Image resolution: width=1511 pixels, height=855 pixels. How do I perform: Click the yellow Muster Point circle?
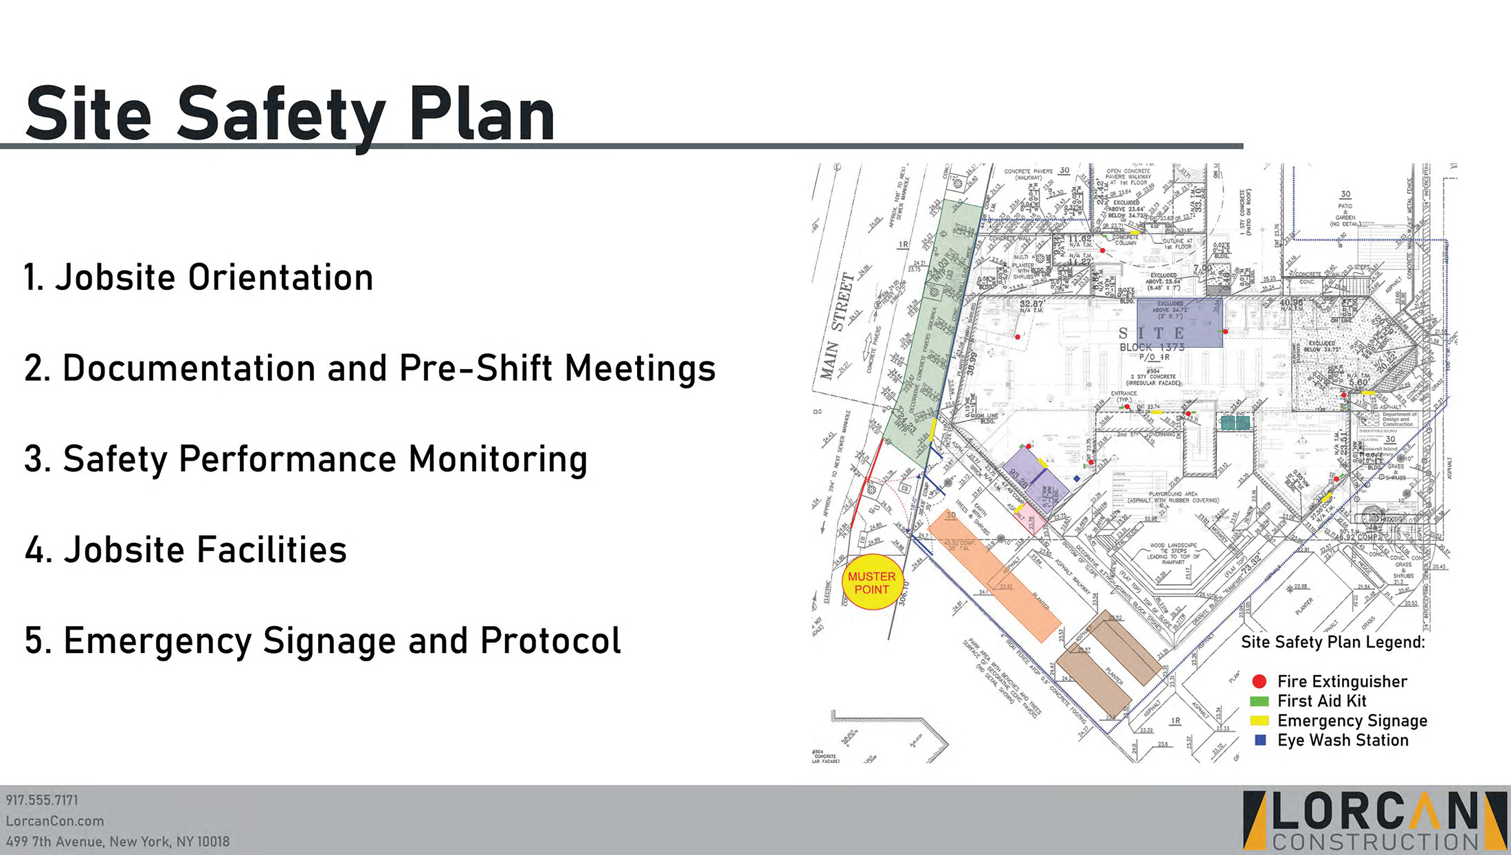(871, 583)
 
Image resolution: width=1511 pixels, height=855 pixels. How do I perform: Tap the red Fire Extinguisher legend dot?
(1259, 681)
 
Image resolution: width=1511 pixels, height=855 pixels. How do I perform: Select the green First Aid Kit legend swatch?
(1259, 701)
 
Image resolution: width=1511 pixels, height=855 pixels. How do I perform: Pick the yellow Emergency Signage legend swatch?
(1259, 720)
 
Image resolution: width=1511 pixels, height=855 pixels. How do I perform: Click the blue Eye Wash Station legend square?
(1260, 740)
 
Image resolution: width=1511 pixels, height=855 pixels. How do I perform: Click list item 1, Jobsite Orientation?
(199, 278)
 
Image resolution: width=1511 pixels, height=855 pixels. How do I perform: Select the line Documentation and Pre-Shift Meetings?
(370, 368)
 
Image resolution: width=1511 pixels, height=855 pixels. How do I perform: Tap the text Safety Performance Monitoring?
(306, 459)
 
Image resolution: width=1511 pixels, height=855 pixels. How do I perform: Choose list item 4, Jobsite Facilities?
(186, 550)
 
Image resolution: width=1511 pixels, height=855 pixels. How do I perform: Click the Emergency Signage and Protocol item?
(322, 641)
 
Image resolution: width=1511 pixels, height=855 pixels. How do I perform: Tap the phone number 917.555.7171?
(42, 800)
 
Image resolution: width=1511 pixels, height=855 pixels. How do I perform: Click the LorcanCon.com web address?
(55, 821)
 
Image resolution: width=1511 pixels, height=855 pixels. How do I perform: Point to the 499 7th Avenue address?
(117, 841)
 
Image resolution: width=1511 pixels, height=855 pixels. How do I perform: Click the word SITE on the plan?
(1152, 333)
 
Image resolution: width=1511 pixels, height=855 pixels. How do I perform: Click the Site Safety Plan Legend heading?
(1332, 642)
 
